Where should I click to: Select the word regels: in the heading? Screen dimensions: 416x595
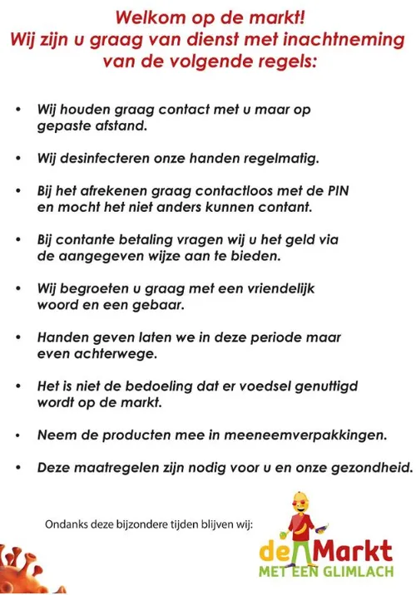[288, 60]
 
